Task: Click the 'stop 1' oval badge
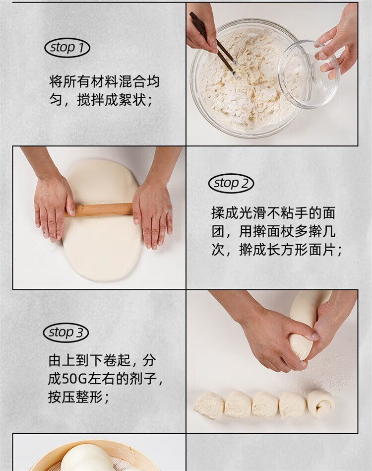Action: [67, 48]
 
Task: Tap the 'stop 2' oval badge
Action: [231, 183]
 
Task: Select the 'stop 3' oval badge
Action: [66, 333]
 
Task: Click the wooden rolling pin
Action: [99, 209]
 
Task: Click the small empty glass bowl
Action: [309, 74]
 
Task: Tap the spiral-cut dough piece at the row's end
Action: [320, 404]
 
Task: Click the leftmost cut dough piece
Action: [209, 405]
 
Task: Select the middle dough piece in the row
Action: [265, 404]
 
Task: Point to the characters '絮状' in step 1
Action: [132, 100]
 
